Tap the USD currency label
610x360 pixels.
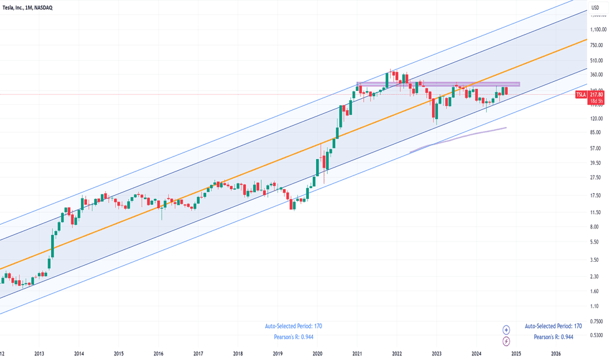tap(595, 8)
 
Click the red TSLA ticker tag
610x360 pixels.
tap(581, 95)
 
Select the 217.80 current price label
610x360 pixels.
tap(596, 93)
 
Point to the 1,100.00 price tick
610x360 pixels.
tap(596, 29)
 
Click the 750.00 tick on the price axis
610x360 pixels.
tap(596, 45)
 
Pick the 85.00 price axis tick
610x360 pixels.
tap(596, 133)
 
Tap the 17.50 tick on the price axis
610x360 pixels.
tap(596, 196)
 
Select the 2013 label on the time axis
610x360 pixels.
tap(39, 353)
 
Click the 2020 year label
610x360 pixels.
tap(317, 353)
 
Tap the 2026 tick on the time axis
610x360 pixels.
tap(556, 353)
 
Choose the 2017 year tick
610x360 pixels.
tap(198, 353)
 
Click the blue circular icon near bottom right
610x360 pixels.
tap(506, 330)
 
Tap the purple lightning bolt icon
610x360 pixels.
tap(506, 341)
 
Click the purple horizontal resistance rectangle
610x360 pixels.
tap(437, 84)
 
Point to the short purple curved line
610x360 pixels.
tap(458, 139)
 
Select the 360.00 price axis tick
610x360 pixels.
tap(596, 75)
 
